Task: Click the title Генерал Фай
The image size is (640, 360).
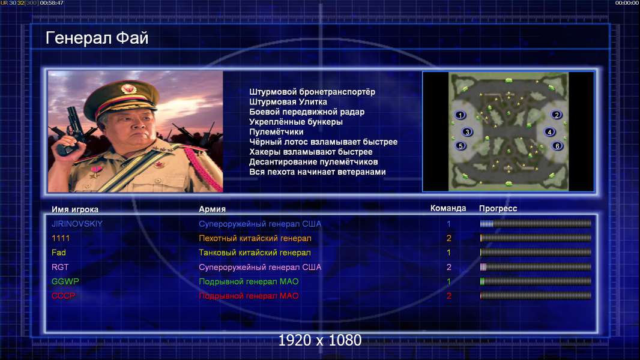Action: click(97, 38)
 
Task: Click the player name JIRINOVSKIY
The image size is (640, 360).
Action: click(77, 224)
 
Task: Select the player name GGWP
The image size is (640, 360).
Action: click(65, 281)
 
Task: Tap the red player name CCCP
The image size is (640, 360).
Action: click(63, 296)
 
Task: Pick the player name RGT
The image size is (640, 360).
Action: click(60, 267)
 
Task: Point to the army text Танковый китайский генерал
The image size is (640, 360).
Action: click(255, 253)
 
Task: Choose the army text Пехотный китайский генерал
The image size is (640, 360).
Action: click(255, 238)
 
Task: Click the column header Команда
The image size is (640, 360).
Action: click(448, 208)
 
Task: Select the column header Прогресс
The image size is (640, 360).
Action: click(498, 209)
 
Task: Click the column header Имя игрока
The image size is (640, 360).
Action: click(74, 209)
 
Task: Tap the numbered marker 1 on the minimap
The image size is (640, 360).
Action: click(460, 115)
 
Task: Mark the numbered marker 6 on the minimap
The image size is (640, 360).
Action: click(557, 146)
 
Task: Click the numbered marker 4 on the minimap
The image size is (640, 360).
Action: click(549, 132)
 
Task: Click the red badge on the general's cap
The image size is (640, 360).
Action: click(128, 88)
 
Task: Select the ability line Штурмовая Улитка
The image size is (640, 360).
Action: click(288, 102)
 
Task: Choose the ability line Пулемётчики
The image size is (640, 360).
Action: click(276, 132)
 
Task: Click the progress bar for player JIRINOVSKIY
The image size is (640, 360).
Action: click(536, 223)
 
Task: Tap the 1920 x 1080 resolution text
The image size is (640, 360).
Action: click(320, 340)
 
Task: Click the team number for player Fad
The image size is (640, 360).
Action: click(448, 253)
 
